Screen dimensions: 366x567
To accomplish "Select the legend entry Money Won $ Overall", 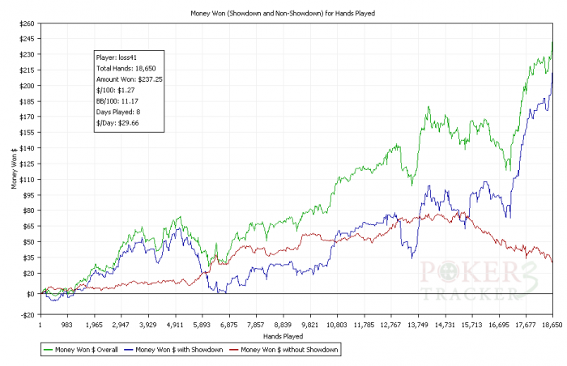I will (x=79, y=350).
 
